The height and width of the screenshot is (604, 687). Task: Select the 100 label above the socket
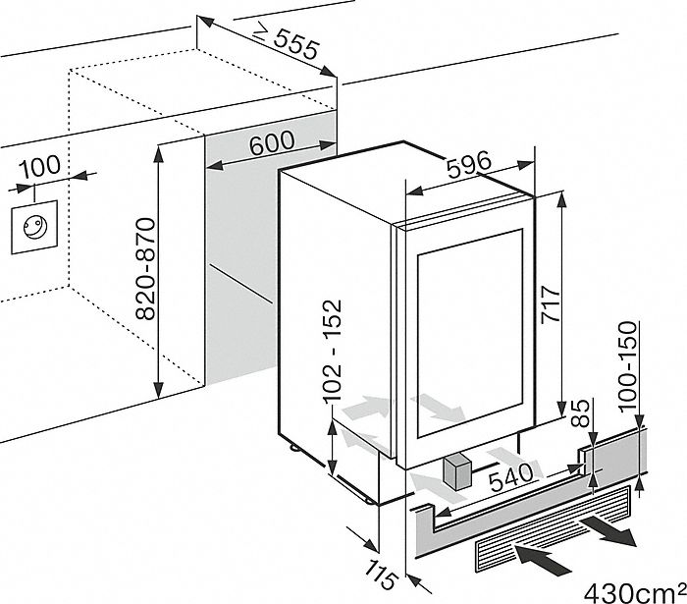[39, 166]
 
